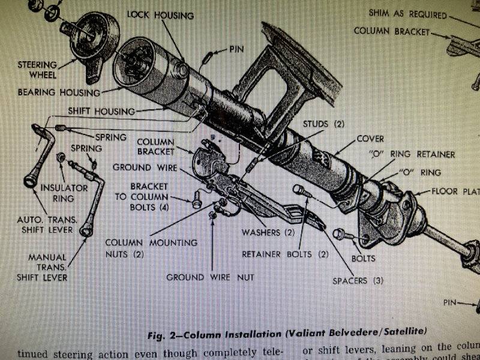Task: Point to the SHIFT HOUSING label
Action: [x=101, y=111]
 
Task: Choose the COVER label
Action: [x=370, y=138]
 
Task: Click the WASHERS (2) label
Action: [x=268, y=232]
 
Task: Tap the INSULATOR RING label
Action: [x=56, y=192]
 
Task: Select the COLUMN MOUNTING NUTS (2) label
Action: [x=151, y=248]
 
